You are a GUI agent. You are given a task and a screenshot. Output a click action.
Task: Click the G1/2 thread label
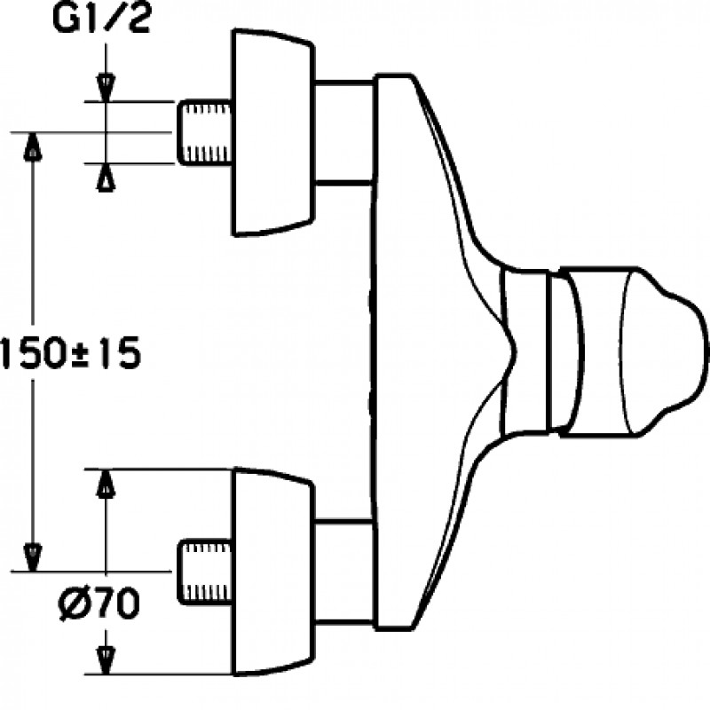101,19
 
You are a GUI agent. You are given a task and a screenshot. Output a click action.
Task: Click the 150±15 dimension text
71,353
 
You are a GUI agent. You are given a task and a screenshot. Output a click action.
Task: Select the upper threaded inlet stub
205,132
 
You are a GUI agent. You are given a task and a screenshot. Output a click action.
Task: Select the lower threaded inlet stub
205,572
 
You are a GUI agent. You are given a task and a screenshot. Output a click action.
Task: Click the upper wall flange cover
273,132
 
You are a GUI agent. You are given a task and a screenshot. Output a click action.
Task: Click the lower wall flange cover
273,572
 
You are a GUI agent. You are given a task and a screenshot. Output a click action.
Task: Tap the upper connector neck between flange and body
343,132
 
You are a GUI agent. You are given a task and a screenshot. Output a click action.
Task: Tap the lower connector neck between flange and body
343,572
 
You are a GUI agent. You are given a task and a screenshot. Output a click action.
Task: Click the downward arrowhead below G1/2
106,88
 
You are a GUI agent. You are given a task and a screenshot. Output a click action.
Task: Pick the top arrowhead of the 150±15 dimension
33,146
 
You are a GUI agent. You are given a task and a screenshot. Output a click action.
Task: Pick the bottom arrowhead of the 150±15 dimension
33,558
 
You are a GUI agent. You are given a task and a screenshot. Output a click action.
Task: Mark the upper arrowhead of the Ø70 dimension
106,483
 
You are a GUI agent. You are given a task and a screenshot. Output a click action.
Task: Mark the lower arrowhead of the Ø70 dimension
106,660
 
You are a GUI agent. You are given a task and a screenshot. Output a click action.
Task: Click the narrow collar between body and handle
525,351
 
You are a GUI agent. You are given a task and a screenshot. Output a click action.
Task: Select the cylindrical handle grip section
594,351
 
